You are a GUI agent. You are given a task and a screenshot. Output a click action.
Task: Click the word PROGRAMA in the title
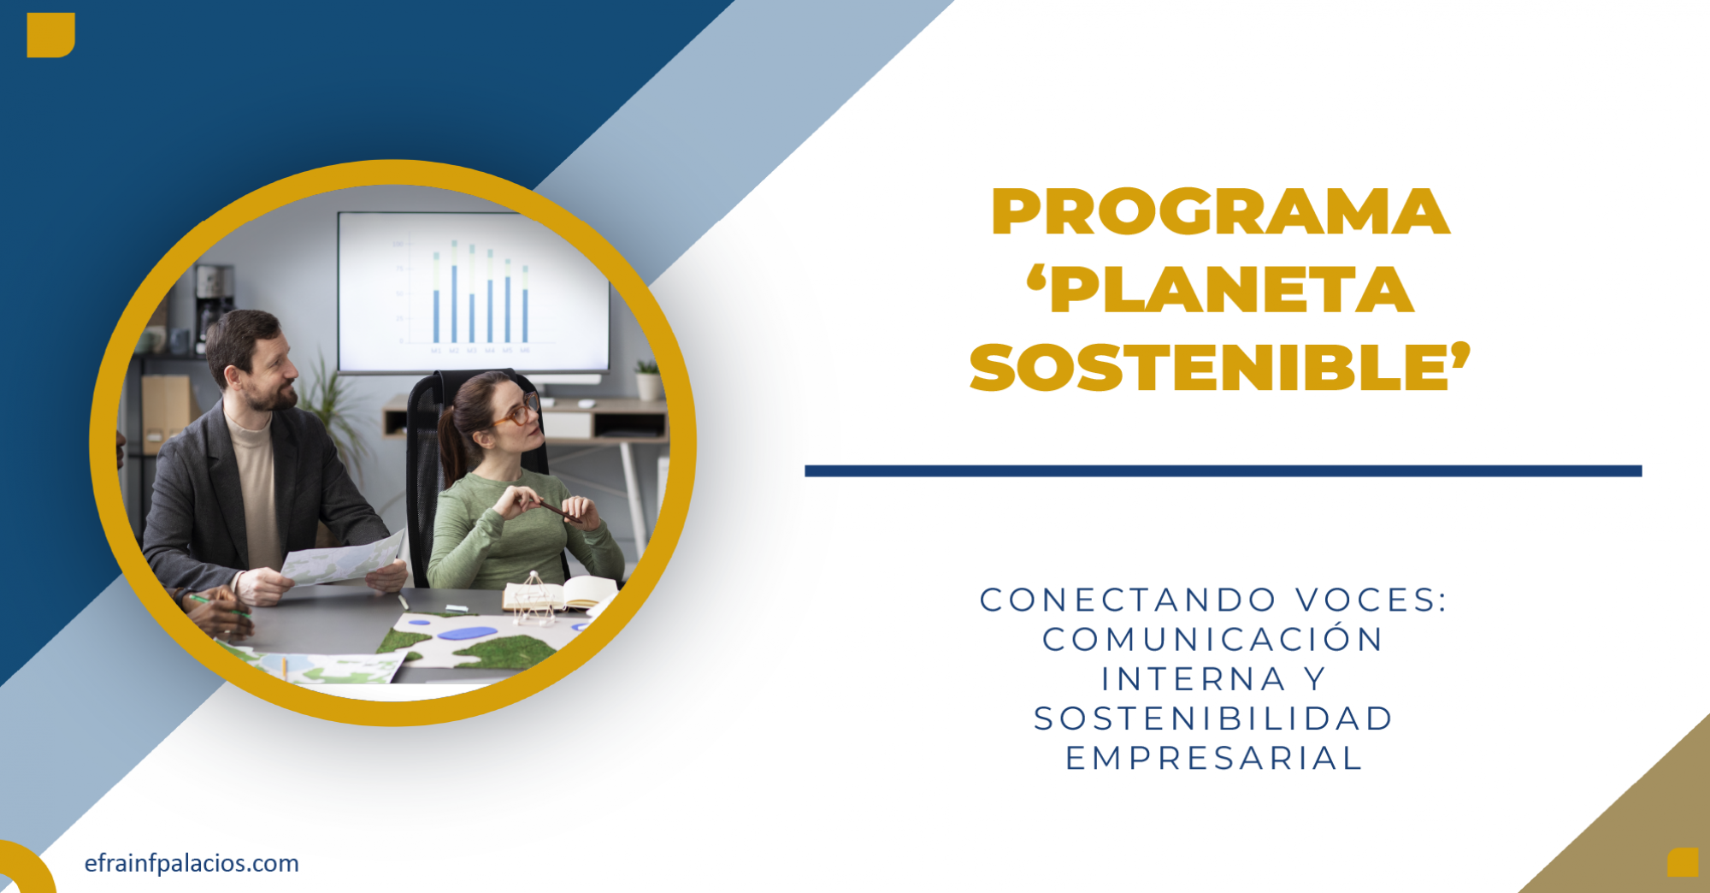click(1220, 211)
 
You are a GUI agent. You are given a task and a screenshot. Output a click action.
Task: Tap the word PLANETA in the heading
click(1232, 290)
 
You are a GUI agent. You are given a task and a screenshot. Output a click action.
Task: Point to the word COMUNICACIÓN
click(1212, 639)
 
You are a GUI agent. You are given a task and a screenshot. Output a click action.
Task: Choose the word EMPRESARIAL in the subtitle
click(1213, 759)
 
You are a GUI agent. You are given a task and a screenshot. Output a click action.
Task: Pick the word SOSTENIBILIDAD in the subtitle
click(1213, 719)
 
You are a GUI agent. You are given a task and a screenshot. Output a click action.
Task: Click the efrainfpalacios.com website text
click(192, 863)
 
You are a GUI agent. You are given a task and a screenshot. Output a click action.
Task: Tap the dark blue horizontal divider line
click(1223, 471)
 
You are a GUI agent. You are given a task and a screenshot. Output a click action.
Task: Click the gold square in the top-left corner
click(50, 35)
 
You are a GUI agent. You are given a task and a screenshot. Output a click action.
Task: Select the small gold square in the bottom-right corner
click(1683, 862)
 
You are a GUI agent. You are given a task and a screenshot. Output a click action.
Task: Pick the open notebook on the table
click(561, 592)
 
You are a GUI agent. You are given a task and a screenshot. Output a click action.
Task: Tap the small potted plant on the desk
click(648, 380)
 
